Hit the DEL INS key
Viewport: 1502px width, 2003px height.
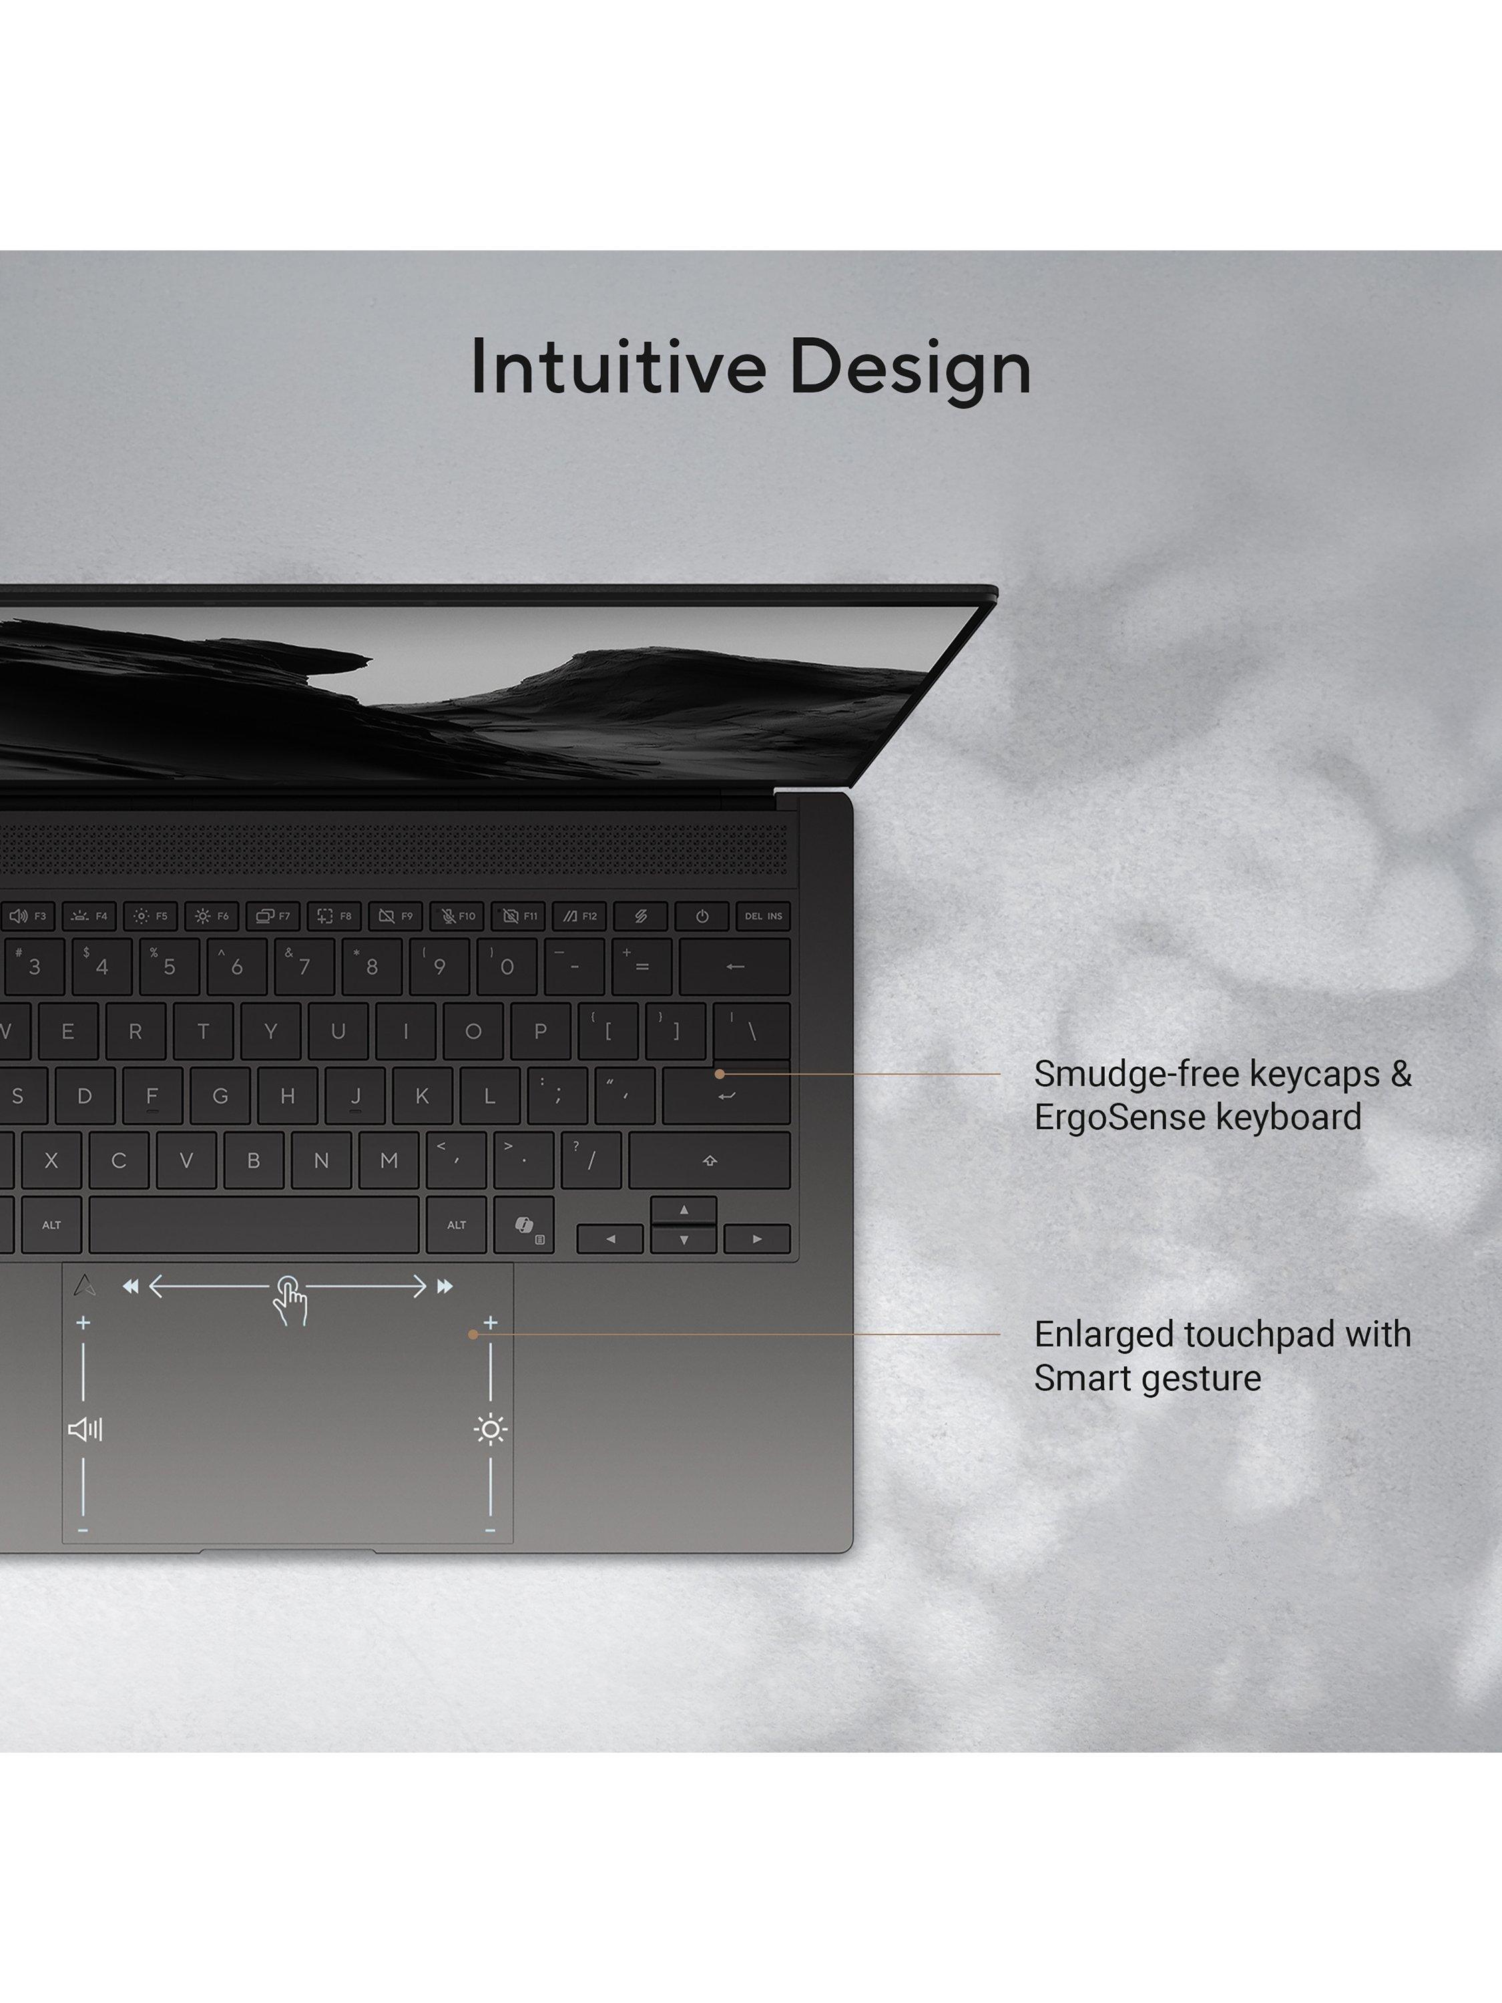pyautogui.click(x=763, y=915)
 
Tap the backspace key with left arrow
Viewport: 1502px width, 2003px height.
pyautogui.click(x=734, y=966)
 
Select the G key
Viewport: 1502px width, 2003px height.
pyautogui.click(x=220, y=1096)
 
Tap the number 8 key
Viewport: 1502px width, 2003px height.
pyautogui.click(x=371, y=966)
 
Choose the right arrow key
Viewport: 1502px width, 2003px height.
pyautogui.click(x=757, y=1239)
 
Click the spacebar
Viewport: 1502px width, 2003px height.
pyautogui.click(x=254, y=1225)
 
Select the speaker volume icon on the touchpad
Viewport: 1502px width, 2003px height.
pyautogui.click(x=85, y=1429)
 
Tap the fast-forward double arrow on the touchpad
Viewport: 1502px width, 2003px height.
pyautogui.click(x=445, y=1287)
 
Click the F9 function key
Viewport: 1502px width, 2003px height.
pyautogui.click(x=396, y=915)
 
